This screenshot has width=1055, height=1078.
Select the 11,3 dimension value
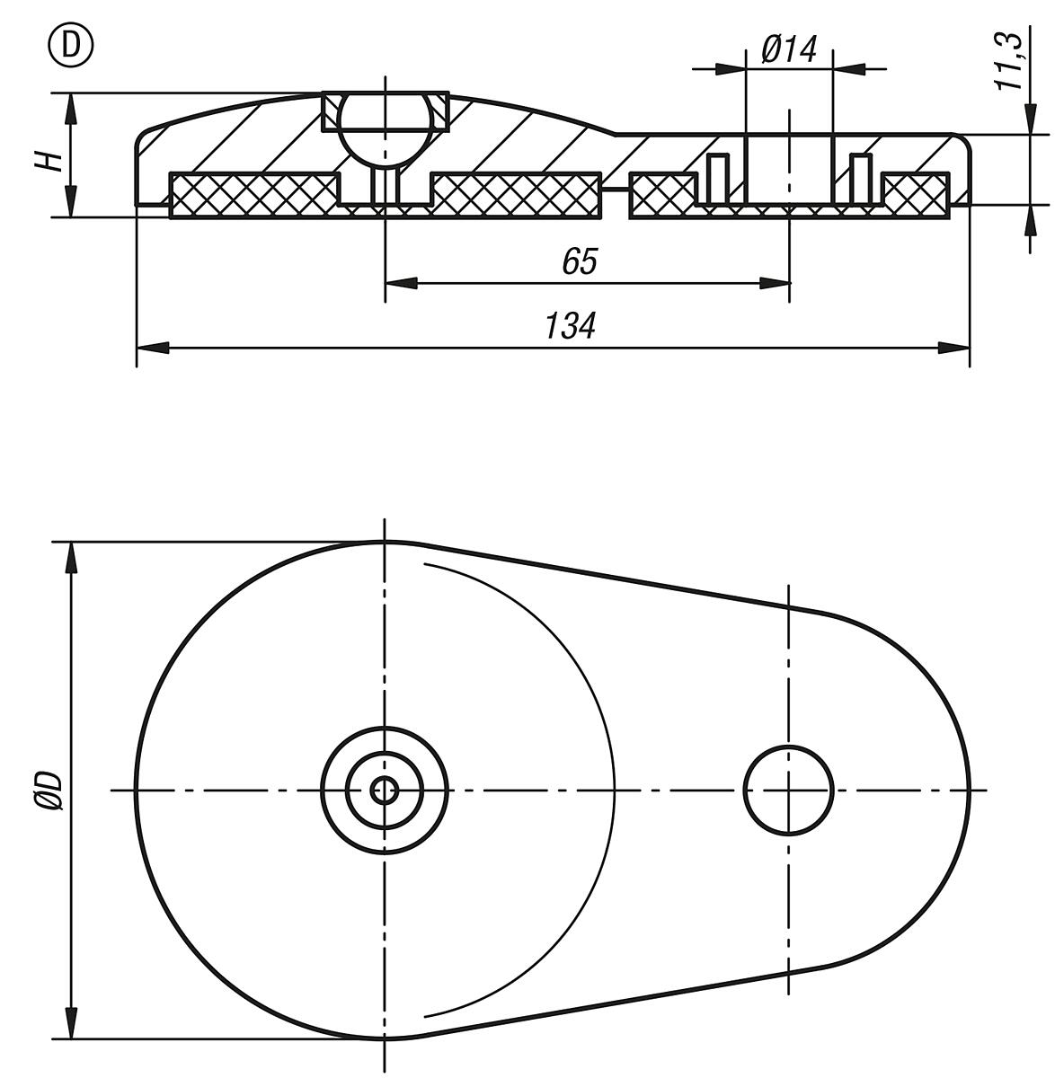click(1010, 60)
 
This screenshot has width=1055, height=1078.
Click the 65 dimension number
click(579, 261)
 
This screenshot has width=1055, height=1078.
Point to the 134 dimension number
click(570, 326)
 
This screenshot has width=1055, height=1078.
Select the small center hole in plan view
click(385, 791)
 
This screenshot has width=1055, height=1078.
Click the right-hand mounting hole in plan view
click(788, 791)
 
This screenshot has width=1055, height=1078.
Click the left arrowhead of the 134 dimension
click(149, 348)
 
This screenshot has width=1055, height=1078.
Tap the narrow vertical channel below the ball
click(385, 186)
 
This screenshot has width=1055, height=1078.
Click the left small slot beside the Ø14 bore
click(716, 179)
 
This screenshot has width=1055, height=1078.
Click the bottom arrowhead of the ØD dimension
click(69, 1025)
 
